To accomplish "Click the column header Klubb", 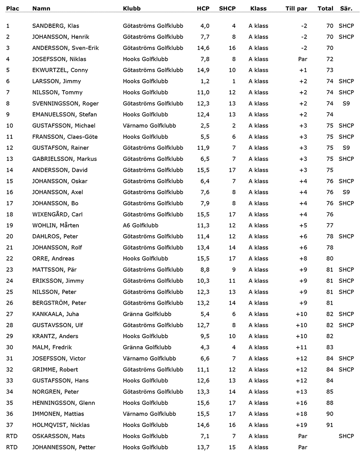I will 132,8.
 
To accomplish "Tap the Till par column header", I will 296,8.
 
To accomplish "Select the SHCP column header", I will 227,8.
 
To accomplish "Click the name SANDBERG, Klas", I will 55,26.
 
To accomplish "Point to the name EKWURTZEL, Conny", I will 60,70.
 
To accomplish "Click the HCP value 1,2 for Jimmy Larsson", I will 205,81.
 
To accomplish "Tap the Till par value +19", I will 301,425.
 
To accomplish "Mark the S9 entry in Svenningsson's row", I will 346,103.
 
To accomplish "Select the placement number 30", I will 10,347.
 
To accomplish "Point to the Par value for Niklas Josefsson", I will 302,59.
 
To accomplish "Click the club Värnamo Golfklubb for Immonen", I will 149,414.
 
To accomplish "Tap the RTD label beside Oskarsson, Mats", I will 12,436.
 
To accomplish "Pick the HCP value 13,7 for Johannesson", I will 203,447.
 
